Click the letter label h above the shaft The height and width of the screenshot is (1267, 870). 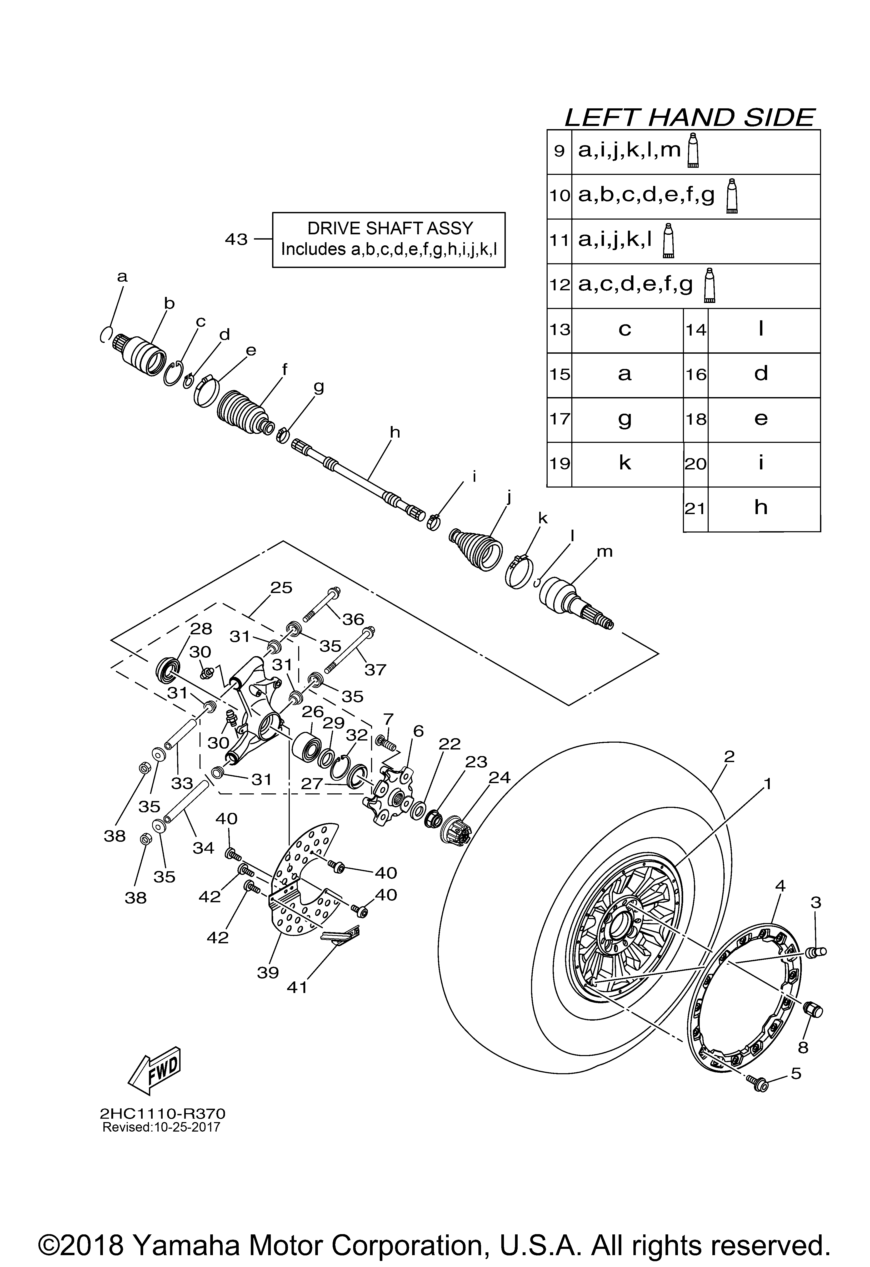point(395,432)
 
